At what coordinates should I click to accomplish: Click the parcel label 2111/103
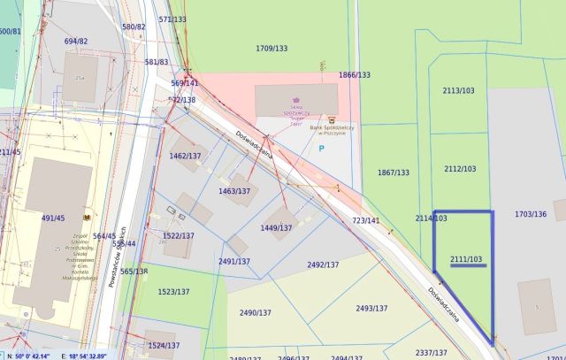[466, 259]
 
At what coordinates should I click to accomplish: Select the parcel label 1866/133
[354, 75]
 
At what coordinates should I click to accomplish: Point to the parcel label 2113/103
[459, 90]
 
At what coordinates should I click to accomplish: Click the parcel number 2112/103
[460, 169]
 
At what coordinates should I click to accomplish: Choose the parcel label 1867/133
[394, 172]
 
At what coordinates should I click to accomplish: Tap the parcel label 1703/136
[531, 214]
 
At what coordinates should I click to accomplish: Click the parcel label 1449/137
[276, 227]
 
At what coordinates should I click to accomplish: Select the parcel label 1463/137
[234, 191]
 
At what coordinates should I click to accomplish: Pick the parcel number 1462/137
[186, 156]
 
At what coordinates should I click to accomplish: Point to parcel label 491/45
[54, 217]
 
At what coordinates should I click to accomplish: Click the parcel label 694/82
[76, 42]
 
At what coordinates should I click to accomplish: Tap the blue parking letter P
[320, 149]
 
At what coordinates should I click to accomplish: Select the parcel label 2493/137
[371, 308]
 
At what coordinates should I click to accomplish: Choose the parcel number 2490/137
[256, 312]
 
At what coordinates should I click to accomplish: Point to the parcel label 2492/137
[323, 264]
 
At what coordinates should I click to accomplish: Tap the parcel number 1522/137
[178, 235]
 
